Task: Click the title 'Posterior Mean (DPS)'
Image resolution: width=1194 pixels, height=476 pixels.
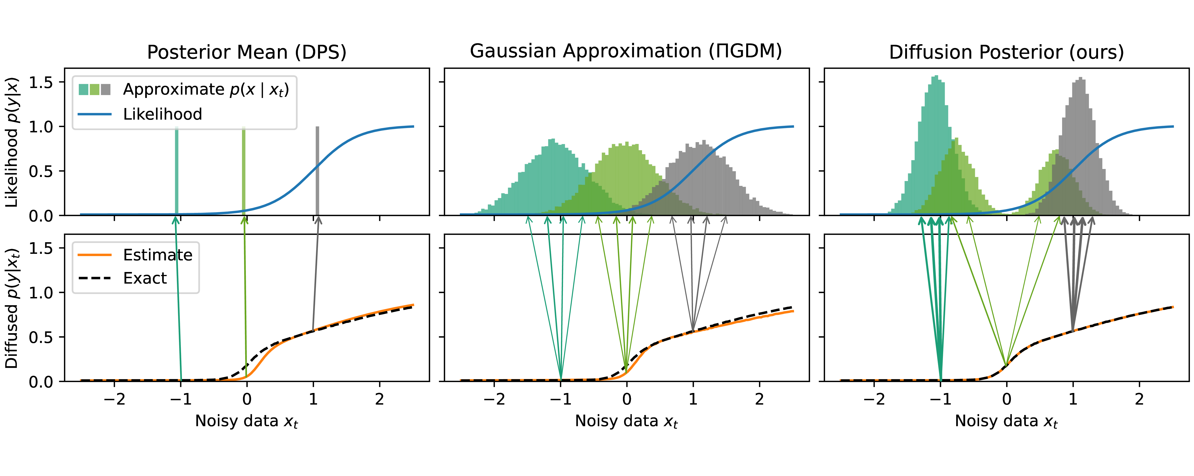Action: click(x=247, y=52)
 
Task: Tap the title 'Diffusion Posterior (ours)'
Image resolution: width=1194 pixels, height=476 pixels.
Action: click(x=1006, y=52)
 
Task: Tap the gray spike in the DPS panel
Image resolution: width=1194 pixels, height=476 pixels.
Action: click(x=317, y=171)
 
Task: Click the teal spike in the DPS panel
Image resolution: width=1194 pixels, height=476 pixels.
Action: click(x=176, y=171)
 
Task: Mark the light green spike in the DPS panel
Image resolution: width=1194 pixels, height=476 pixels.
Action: click(x=244, y=171)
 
